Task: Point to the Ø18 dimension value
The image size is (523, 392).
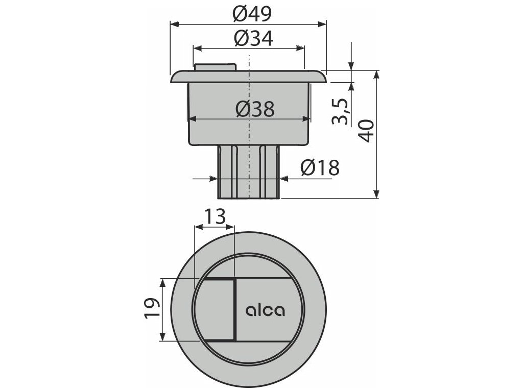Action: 320,168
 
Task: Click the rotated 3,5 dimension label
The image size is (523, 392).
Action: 341,111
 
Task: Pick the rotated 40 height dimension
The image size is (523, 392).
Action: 367,132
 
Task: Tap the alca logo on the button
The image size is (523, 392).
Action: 266,310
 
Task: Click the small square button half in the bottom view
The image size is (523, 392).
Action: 215,310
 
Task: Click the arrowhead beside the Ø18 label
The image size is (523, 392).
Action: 284,179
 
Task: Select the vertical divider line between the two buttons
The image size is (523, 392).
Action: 235,310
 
